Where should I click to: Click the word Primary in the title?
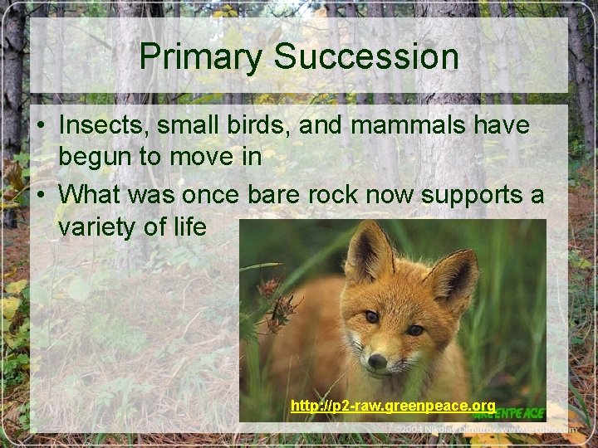(x=201, y=57)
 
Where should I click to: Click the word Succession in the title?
(x=365, y=57)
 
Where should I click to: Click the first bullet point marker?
(x=40, y=127)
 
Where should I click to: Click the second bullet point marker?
(x=40, y=196)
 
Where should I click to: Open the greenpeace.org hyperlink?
(x=393, y=406)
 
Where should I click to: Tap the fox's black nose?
(x=377, y=361)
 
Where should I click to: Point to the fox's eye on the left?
(x=370, y=317)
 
